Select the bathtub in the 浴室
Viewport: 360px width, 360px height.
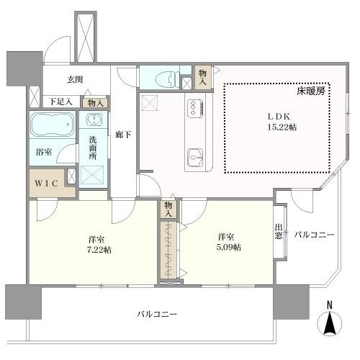click(51, 125)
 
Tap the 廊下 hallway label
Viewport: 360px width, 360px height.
click(122, 133)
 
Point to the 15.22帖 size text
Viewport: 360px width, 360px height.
click(279, 127)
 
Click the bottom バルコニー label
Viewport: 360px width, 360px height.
click(157, 315)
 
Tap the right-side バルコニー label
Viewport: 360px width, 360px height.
click(313, 234)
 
